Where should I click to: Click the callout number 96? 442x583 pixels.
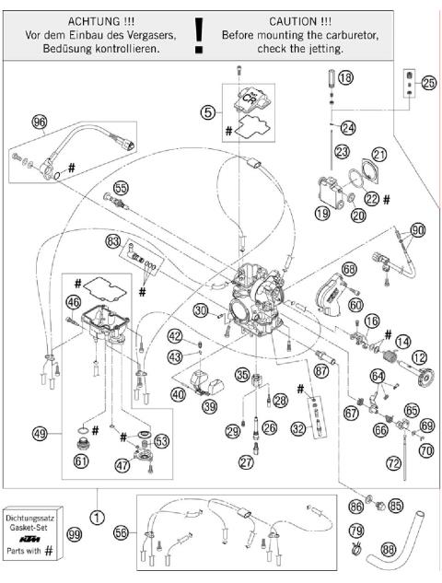39,122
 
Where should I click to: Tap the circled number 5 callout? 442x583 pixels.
208,112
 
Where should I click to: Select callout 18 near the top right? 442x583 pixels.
345,80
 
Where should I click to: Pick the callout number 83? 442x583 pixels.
113,240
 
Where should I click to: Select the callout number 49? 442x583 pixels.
39,433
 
